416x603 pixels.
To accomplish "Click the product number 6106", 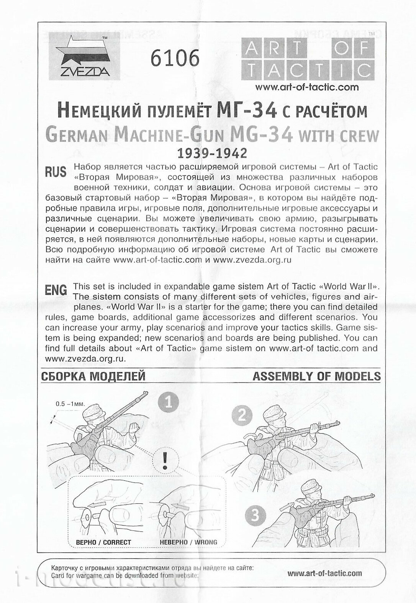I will coord(175,58).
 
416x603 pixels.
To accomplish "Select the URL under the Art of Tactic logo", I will coord(307,87).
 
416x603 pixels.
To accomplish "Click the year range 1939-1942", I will coord(211,153).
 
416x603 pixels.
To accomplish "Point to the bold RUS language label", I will coord(56,172).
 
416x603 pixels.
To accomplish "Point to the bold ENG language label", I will coord(56,290).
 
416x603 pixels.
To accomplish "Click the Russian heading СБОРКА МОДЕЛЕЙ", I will coord(93,376).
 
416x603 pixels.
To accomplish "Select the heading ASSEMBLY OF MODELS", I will coord(316,376).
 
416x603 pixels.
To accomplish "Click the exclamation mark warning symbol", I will coord(165,461).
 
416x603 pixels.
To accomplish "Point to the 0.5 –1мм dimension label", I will coord(70,404).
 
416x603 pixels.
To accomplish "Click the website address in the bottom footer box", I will coord(324,573).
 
